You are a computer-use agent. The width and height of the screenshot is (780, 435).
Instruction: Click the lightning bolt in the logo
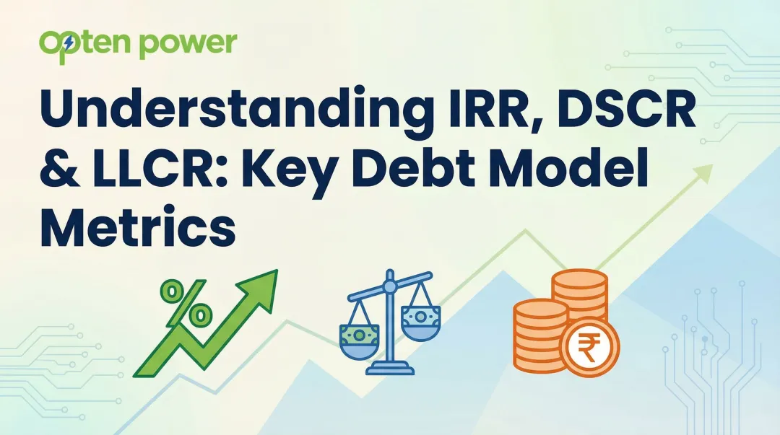point(69,44)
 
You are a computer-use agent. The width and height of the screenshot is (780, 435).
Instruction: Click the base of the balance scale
point(390,369)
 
